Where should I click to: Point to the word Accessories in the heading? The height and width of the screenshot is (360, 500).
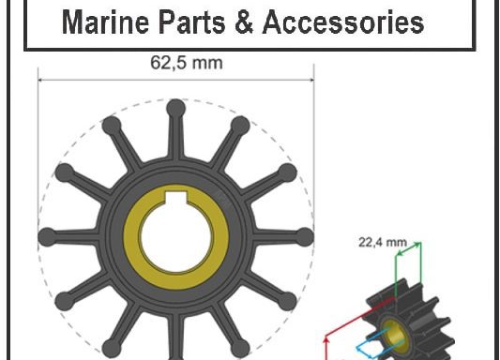tap(342, 22)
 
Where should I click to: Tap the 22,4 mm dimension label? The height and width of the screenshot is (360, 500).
tap(383, 241)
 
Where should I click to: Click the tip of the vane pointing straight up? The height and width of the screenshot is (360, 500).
tap(175, 108)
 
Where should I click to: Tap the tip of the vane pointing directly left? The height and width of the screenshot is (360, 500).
tap(46, 235)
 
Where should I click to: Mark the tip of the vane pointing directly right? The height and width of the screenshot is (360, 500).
tap(305, 235)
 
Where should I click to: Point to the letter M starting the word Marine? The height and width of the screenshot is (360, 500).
tap(71, 22)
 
